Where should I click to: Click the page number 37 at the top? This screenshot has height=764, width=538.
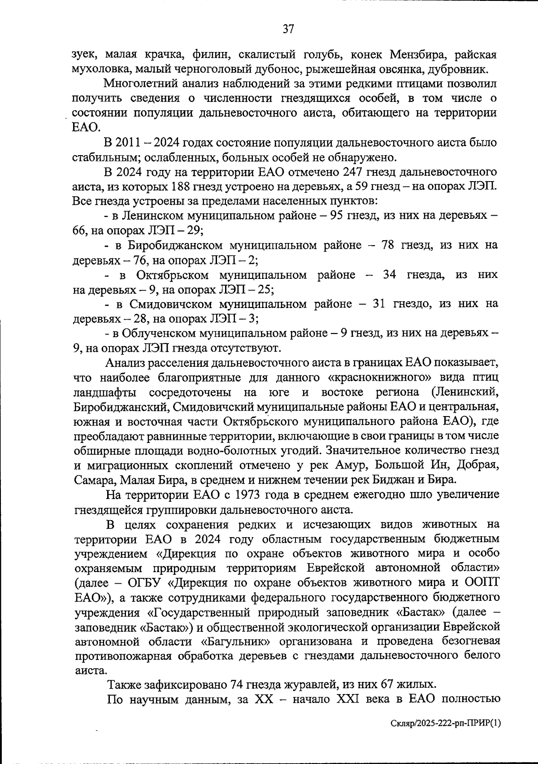[x=288, y=30]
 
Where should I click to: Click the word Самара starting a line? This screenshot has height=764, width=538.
[x=95, y=479]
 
